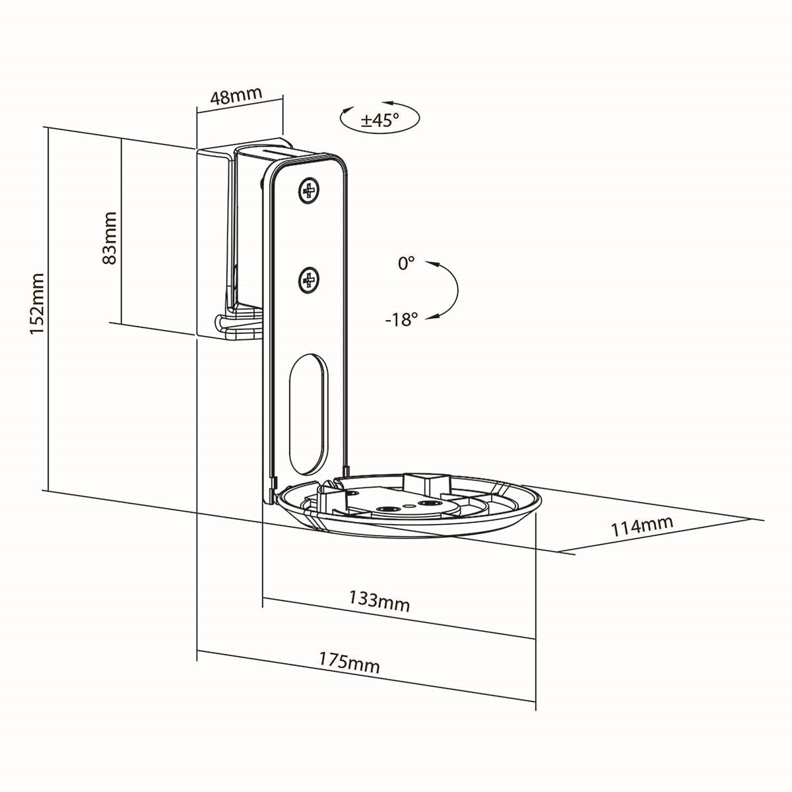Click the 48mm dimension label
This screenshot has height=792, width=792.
[236, 96]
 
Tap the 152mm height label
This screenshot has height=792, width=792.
[37, 303]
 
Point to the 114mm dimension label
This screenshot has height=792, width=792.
[642, 527]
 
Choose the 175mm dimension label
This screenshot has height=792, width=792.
[350, 662]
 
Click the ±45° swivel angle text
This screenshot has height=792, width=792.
[379, 120]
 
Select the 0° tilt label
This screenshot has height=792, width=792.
[406, 263]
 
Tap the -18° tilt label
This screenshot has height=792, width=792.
[402, 320]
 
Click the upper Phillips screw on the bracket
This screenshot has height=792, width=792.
[308, 191]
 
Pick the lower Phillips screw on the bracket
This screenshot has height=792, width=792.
[308, 282]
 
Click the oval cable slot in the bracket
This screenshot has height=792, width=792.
[308, 414]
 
